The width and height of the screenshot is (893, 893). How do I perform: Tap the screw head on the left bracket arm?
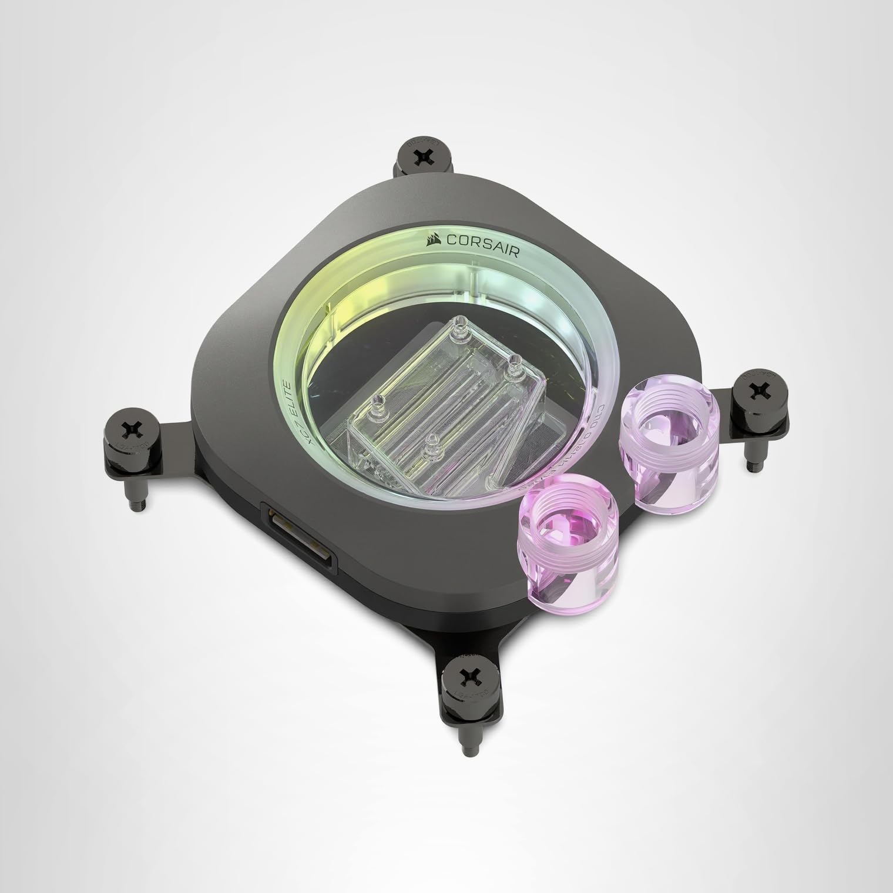(x=129, y=429)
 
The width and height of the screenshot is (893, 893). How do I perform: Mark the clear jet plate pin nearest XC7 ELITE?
(x=378, y=402)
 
